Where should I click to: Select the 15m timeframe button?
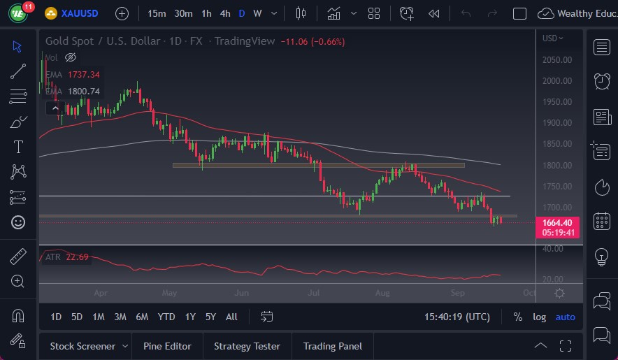tap(157, 13)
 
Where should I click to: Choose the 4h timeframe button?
tap(224, 13)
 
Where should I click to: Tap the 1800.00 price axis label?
tap(557, 166)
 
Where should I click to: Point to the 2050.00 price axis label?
tap(557, 59)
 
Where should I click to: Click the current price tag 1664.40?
tap(557, 223)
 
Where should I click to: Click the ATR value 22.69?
tap(76, 257)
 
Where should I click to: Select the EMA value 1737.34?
tap(83, 74)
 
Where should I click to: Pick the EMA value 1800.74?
tap(83, 91)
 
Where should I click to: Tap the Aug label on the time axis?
tap(381, 294)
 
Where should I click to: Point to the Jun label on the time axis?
tap(242, 294)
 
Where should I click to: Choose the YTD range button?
tap(166, 317)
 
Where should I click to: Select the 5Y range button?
tap(210, 317)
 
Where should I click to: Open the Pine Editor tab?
tap(167, 346)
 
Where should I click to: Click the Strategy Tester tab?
tap(247, 346)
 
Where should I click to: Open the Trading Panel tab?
tap(333, 346)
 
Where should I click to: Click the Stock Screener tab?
tap(82, 346)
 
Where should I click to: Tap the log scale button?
tap(539, 317)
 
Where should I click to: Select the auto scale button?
tap(565, 317)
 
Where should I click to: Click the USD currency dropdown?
tap(553, 38)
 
